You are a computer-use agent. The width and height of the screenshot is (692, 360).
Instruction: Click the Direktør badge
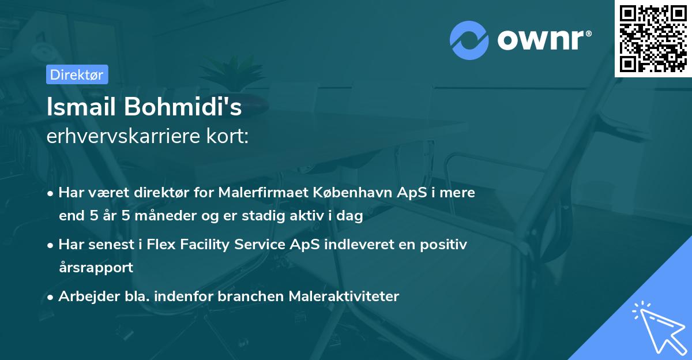pyautogui.click(x=77, y=74)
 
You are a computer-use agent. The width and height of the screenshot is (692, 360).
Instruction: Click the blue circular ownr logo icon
pyautogui.click(x=469, y=40)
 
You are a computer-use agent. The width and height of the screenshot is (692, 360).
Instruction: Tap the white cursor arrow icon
pyautogui.click(x=657, y=327)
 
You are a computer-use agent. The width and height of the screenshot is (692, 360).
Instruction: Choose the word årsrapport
pyautogui.click(x=96, y=268)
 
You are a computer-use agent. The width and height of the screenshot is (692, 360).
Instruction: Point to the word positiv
pyautogui.click(x=445, y=245)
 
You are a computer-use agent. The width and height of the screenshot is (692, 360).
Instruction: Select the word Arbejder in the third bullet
pyautogui.click(x=84, y=297)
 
